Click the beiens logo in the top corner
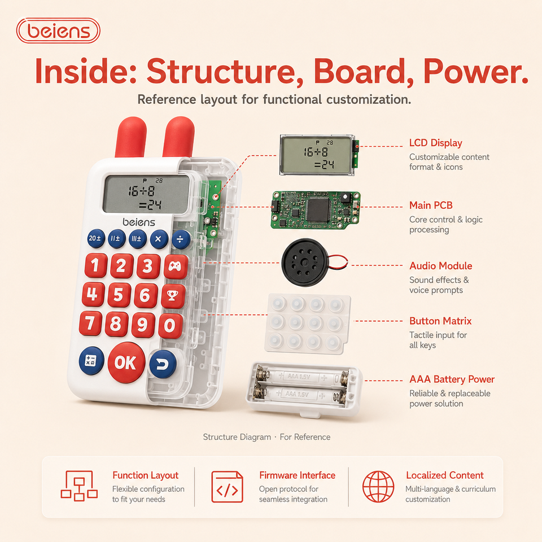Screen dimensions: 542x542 click(58, 30)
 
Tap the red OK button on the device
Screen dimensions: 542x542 click(126, 362)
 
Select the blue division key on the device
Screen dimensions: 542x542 click(181, 239)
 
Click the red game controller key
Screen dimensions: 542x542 click(175, 266)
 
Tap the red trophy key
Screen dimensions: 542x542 click(173, 295)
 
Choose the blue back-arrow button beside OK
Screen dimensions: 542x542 click(163, 364)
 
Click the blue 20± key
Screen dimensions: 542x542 click(96, 238)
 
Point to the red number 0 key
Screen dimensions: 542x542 click(170, 326)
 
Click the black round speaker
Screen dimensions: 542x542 click(304, 263)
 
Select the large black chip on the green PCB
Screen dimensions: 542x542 click(318, 210)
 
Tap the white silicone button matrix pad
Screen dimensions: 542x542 click(307, 324)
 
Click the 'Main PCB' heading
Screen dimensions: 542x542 click(431, 206)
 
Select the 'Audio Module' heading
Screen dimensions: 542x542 click(441, 266)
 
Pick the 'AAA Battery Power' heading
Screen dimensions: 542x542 click(452, 379)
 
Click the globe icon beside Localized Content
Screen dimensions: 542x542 click(378, 486)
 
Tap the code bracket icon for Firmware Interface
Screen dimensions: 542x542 click(227, 487)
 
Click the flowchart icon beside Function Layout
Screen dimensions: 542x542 click(79, 486)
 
